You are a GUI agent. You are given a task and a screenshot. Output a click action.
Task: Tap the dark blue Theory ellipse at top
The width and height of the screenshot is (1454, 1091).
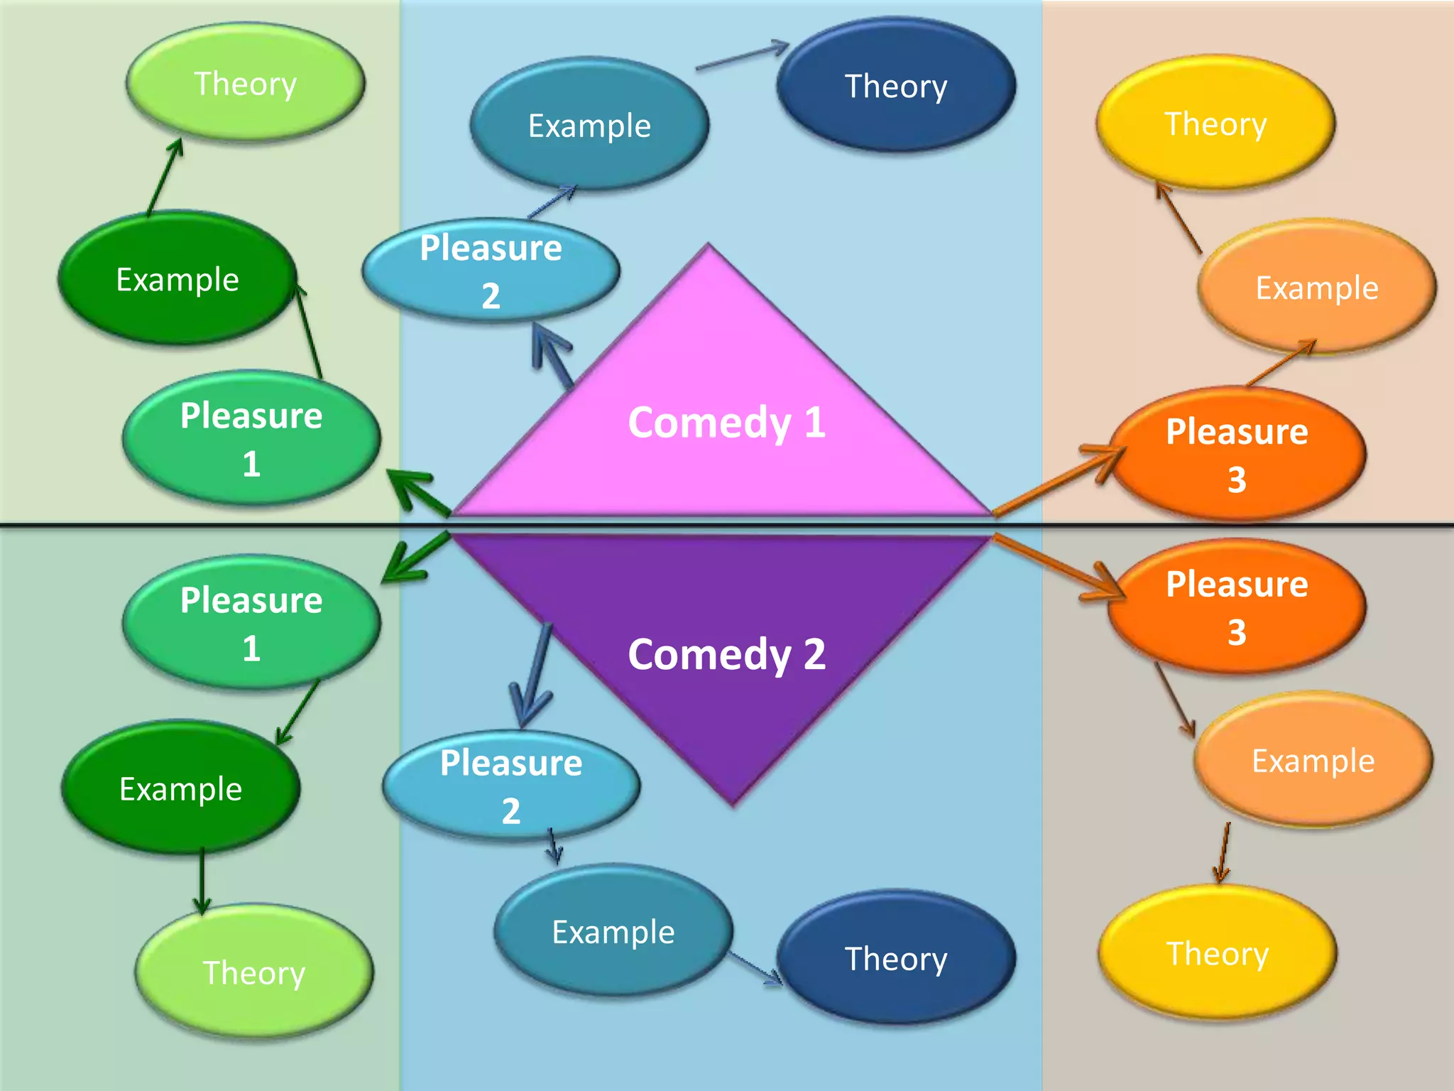point(896,85)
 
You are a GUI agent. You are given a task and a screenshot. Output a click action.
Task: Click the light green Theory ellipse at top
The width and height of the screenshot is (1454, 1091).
point(246,83)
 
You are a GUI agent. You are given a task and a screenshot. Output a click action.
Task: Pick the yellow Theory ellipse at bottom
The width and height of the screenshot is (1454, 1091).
point(1217,953)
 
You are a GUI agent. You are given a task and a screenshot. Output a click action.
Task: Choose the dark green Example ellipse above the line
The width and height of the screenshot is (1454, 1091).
point(177,279)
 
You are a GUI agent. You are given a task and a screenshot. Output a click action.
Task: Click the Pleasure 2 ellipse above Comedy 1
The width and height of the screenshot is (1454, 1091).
point(491,271)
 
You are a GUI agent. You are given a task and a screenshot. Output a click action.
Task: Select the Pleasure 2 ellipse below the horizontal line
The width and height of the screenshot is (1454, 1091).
point(510,786)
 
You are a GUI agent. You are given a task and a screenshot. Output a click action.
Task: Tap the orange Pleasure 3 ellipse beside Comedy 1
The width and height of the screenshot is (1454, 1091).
point(1237,455)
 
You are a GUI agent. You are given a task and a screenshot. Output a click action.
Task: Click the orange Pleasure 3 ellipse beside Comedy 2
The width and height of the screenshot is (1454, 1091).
point(1237,607)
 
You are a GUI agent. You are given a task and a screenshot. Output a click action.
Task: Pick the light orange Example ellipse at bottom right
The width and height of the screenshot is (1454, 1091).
point(1313,761)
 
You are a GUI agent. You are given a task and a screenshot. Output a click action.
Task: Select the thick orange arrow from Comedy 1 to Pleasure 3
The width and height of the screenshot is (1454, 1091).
point(1058,479)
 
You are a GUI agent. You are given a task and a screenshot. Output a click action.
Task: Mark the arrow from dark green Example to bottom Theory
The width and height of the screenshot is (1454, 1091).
point(202,881)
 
